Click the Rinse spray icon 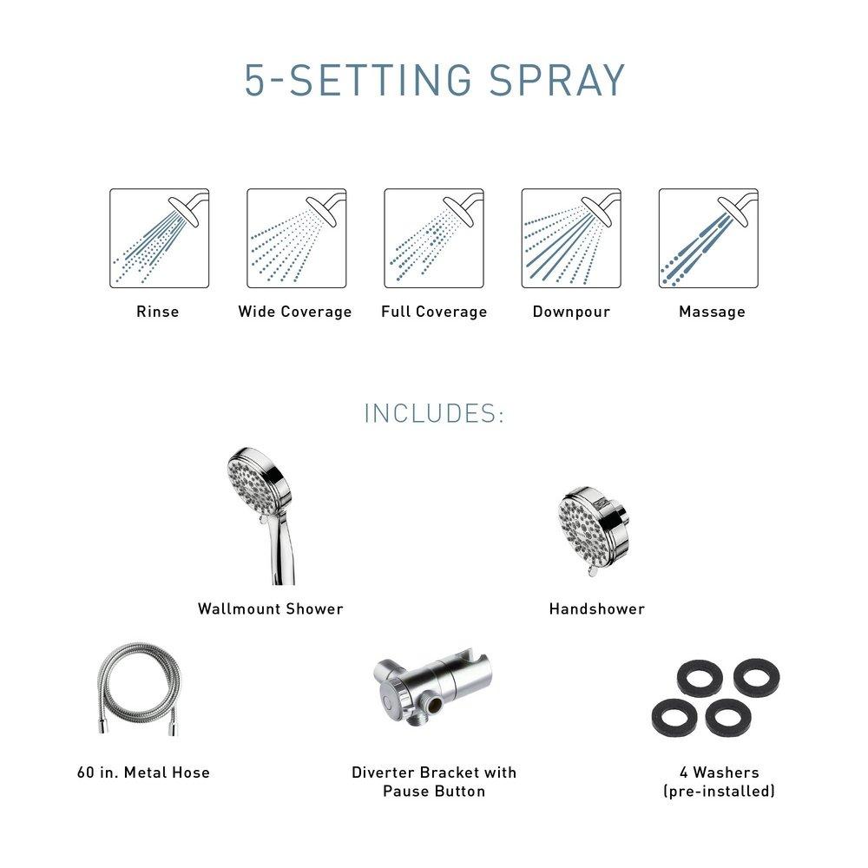pos(159,238)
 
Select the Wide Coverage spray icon pos(296,238)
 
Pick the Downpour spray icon pos(571,238)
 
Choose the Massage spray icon pos(708,238)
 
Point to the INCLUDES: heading pos(434,413)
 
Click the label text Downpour pos(571,312)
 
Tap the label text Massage pos(712,312)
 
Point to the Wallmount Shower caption pos(271,609)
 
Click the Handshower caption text pos(597,609)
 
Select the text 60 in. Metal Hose pos(143,772)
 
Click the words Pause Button pos(434,792)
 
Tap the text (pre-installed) pos(720,792)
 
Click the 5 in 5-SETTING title pos(256,81)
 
